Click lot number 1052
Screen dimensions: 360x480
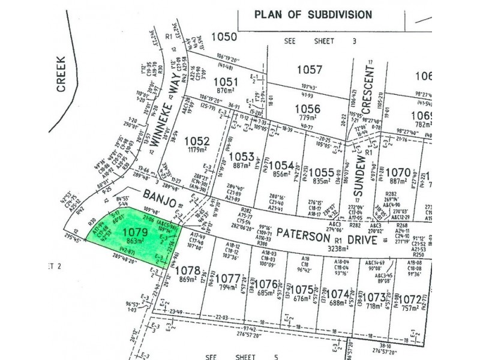(198, 141)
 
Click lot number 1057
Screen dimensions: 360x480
(310, 70)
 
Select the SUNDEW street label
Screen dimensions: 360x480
(359, 173)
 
